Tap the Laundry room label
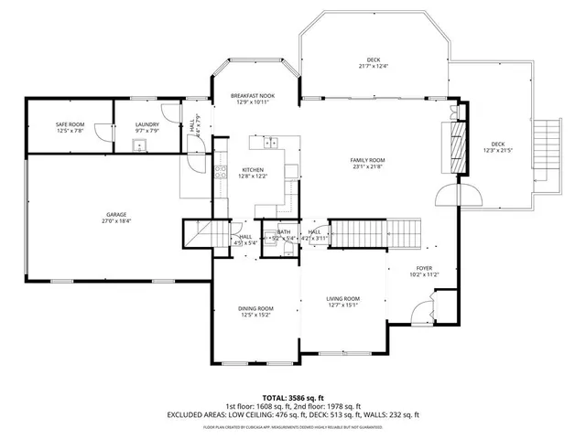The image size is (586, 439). click(x=147, y=124)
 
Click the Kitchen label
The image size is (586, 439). click(x=253, y=169)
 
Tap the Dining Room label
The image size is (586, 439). click(x=257, y=308)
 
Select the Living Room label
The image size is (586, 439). click(x=343, y=299)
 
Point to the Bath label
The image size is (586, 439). click(x=284, y=232)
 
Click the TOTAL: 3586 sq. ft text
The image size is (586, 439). click(x=292, y=396)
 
